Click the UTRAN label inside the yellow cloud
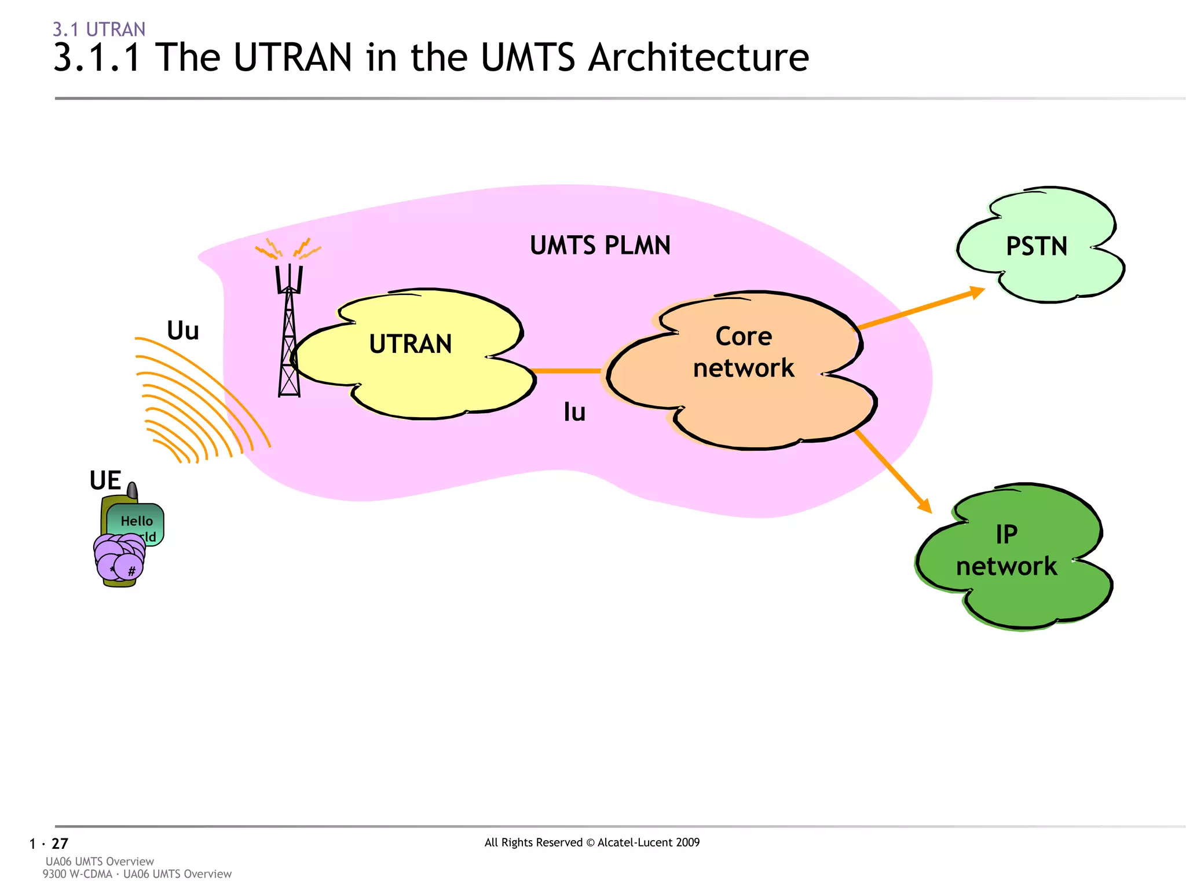(x=411, y=344)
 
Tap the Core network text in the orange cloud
(x=744, y=352)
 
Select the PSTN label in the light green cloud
(x=1037, y=246)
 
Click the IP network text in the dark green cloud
(x=1006, y=550)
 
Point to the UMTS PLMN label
(x=600, y=246)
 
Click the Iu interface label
(x=574, y=413)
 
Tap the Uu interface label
(x=183, y=331)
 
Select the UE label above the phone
(x=105, y=480)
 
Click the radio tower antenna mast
(x=289, y=342)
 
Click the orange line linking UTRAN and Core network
(x=566, y=371)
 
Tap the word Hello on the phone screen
(x=137, y=521)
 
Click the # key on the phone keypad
(x=131, y=571)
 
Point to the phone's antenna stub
(x=133, y=491)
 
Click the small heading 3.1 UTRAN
(x=99, y=29)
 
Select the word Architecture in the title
(x=698, y=58)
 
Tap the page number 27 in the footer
(x=60, y=844)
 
